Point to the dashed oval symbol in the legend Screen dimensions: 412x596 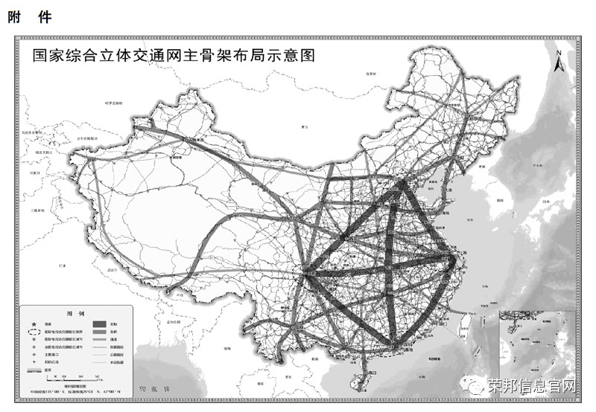click(x=34, y=332)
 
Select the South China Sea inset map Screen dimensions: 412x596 click(x=537, y=349)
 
